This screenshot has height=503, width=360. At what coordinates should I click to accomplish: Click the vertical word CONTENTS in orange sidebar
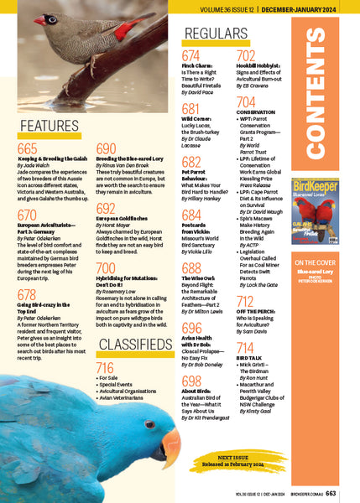click(320, 108)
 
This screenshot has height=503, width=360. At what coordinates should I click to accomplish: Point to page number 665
click(28, 148)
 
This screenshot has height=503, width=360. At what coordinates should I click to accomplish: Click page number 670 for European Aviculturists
click(28, 215)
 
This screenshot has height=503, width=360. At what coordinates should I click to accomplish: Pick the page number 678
click(28, 294)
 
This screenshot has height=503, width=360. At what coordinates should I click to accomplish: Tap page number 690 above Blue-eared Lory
click(107, 148)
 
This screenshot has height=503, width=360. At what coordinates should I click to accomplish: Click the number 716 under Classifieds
click(106, 367)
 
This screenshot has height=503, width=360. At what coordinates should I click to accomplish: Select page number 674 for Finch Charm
click(190, 56)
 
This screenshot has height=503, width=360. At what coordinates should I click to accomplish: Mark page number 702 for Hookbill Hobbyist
click(246, 56)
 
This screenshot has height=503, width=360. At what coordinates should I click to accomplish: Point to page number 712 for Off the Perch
click(246, 302)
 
